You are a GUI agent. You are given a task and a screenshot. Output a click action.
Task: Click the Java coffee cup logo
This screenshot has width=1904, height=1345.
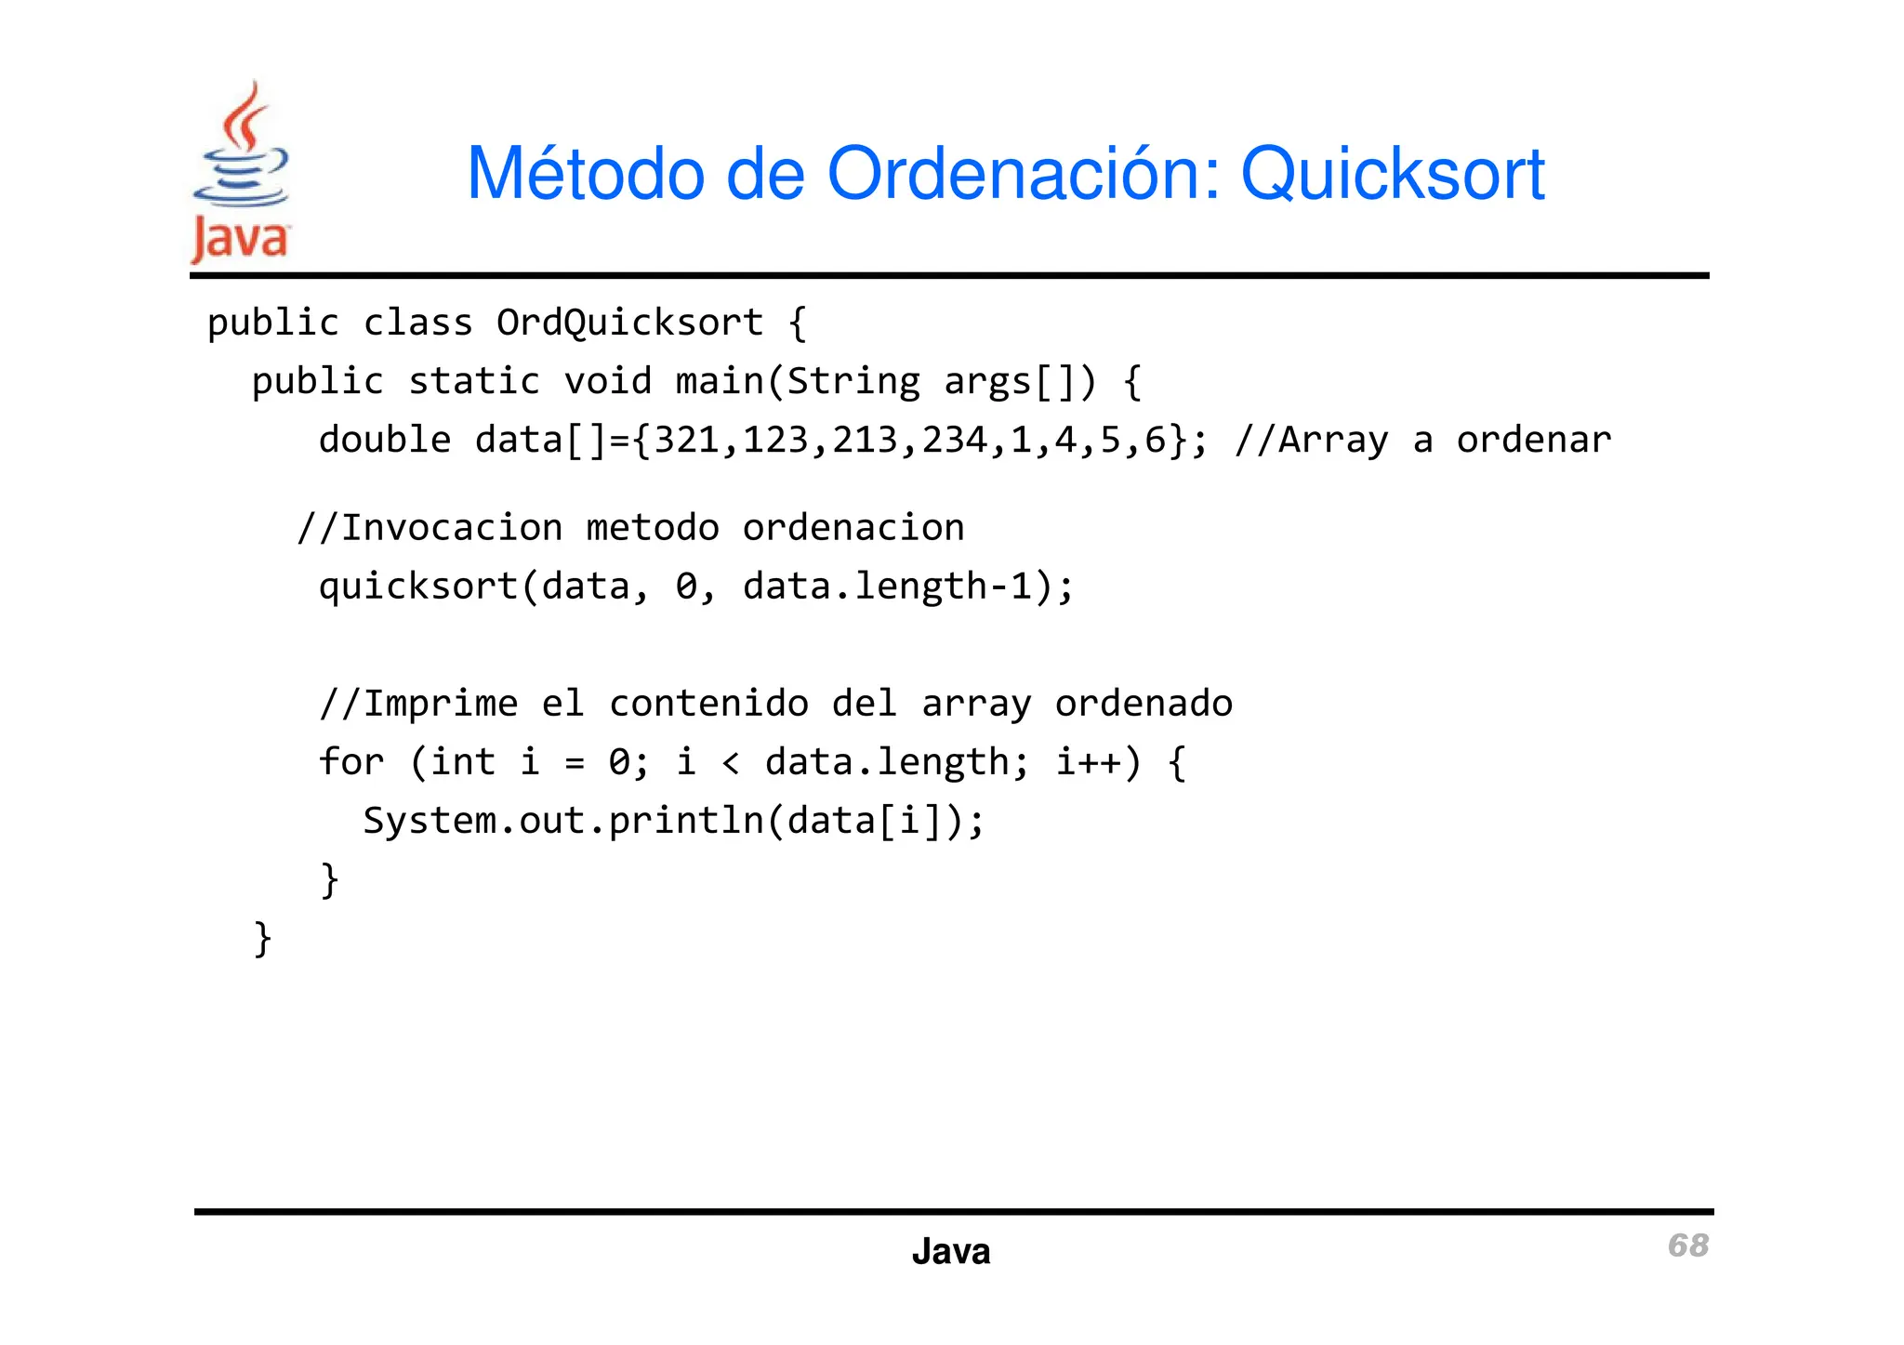coord(241,172)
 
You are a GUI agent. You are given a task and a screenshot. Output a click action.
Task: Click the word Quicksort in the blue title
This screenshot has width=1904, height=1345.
coord(1393,174)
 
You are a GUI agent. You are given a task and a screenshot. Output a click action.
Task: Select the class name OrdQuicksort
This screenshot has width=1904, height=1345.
coord(629,323)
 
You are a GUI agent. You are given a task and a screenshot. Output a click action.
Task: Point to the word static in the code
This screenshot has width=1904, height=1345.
coord(474,381)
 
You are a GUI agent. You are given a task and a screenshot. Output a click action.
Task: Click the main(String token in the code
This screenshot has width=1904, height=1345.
coord(798,381)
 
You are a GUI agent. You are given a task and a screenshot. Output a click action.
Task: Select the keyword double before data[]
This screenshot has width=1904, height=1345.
coord(385,440)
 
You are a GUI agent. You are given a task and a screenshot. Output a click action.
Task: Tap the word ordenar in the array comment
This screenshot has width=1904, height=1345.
coord(1534,440)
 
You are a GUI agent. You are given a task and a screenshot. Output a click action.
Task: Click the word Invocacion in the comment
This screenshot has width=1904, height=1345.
coord(452,528)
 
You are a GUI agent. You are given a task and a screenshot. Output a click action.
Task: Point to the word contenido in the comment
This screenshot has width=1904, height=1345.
coord(708,704)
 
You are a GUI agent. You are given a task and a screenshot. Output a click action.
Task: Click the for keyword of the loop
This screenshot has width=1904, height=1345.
coord(350,762)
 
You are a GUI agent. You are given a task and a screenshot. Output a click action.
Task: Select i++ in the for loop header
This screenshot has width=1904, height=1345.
coord(1089,762)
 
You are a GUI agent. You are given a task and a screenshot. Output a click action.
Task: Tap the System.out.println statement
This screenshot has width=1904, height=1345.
coord(673,821)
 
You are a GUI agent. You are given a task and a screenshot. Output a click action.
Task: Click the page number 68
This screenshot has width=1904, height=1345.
coord(1687,1246)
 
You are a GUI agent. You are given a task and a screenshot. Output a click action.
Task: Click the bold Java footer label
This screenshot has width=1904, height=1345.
coord(951,1252)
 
